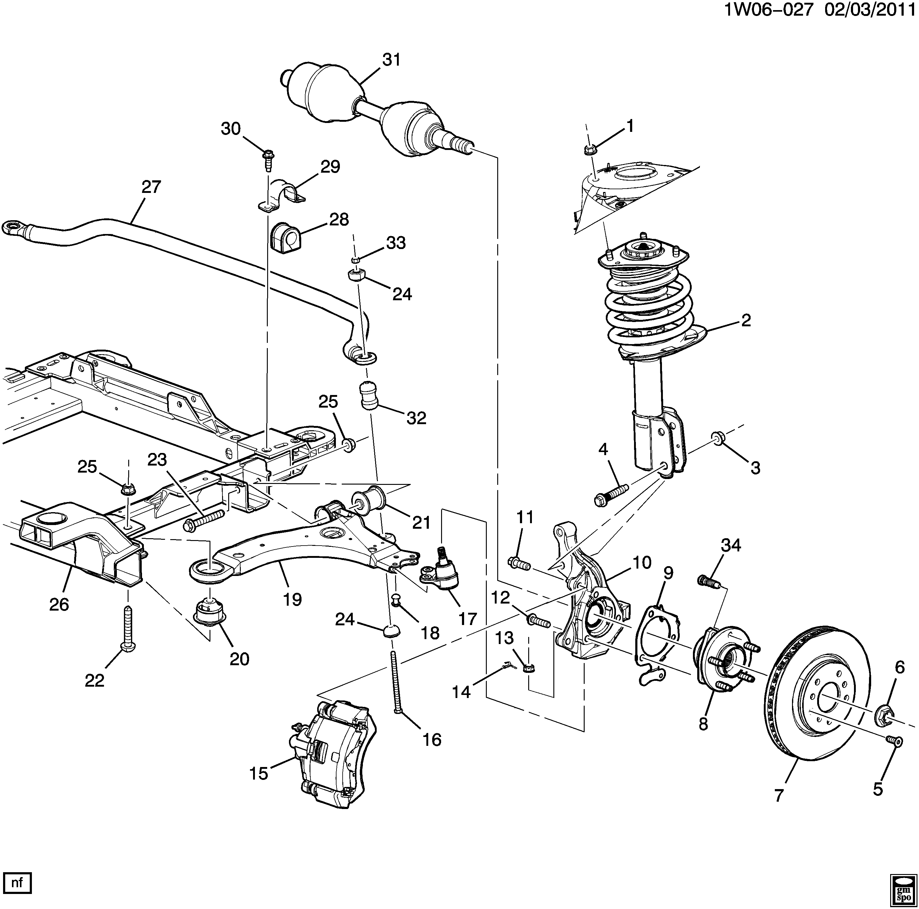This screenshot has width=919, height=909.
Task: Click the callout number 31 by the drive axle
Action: pos(391,60)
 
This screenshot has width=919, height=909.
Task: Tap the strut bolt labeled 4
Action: pos(611,494)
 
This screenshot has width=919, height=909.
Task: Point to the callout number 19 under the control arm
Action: pos(293,599)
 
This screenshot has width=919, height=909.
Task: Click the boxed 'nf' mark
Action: pos(17,883)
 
